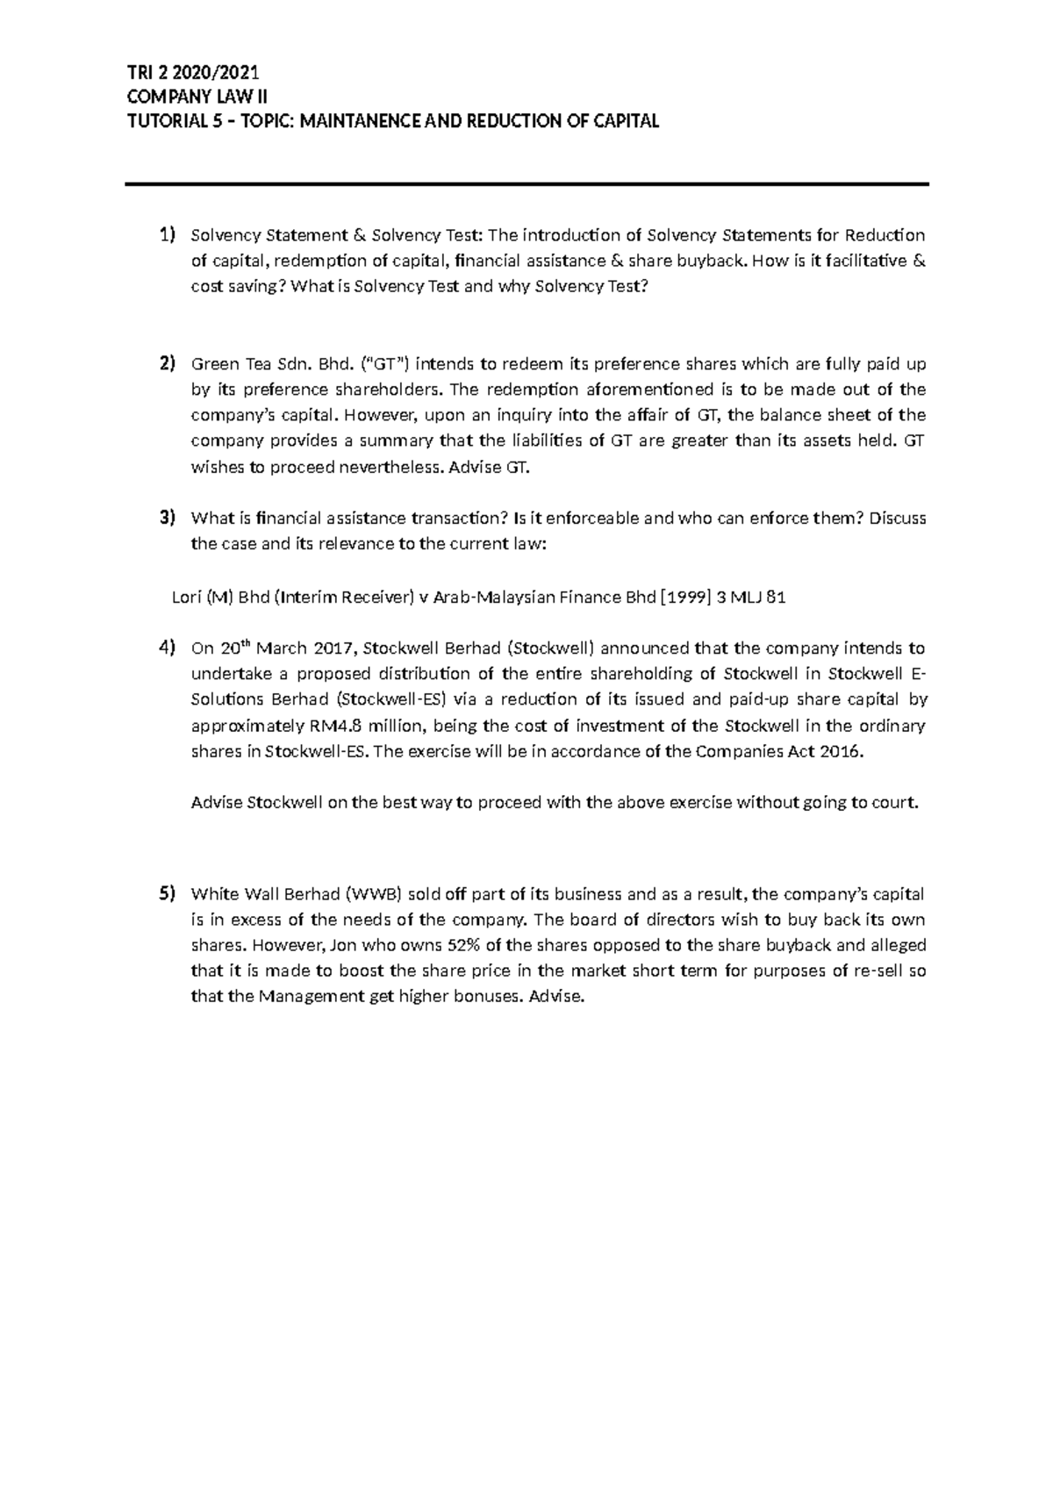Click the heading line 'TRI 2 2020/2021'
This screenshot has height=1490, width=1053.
pos(193,74)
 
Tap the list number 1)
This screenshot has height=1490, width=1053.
pos(167,234)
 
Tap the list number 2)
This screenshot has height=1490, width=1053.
pos(167,363)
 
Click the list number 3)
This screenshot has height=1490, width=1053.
pos(167,518)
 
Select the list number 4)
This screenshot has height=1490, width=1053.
pos(167,648)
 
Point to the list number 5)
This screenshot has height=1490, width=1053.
pos(167,894)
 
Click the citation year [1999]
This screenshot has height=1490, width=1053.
pos(686,598)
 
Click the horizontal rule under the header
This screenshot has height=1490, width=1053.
pos(526,184)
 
